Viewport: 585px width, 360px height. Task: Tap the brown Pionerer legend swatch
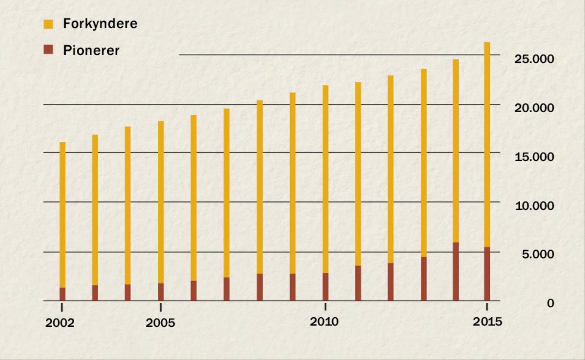pos(48,50)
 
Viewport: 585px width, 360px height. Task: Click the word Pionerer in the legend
pos(91,51)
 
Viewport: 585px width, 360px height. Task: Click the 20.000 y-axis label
pos(534,108)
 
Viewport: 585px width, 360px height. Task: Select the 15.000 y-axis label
pos(534,157)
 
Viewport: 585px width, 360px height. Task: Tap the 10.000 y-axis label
pos(534,206)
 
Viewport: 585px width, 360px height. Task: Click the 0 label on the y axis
pos(550,303)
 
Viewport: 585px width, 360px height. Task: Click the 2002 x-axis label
pos(60,323)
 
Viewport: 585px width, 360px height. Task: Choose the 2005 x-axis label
pos(160,323)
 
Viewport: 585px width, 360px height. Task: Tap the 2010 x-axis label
pos(325,322)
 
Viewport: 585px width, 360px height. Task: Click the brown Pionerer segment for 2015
pos(487,274)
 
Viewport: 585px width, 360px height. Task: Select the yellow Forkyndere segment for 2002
pos(62,214)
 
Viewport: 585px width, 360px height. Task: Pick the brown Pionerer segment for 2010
pos(325,287)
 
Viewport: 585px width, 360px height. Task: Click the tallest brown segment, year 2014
pos(456,271)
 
